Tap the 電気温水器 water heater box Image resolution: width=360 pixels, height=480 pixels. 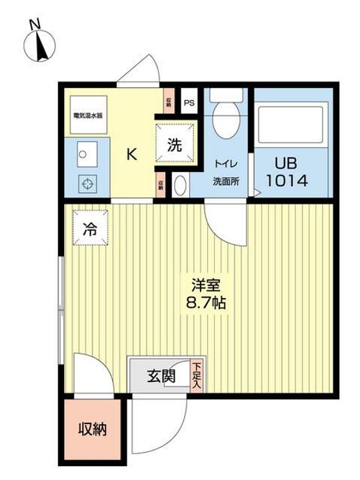click(88, 115)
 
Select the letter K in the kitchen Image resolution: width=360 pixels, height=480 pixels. click(132, 155)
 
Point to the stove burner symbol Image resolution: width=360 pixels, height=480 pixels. click(85, 181)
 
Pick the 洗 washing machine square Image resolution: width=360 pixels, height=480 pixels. click(174, 144)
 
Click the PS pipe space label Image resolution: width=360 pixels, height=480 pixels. click(189, 103)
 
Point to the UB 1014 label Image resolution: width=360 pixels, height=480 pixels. click(287, 171)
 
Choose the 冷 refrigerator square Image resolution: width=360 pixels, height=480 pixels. click(89, 229)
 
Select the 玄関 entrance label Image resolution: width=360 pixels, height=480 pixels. click(161, 377)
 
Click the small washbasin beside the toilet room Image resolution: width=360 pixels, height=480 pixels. click(180, 185)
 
